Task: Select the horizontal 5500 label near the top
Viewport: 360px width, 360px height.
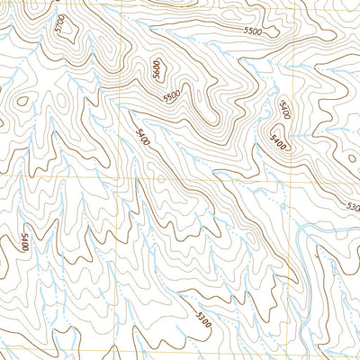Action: click(254, 31)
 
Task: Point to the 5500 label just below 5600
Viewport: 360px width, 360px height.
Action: click(172, 95)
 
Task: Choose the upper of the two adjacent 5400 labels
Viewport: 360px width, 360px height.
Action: click(284, 111)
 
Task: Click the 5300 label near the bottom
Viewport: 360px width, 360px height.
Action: click(205, 317)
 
